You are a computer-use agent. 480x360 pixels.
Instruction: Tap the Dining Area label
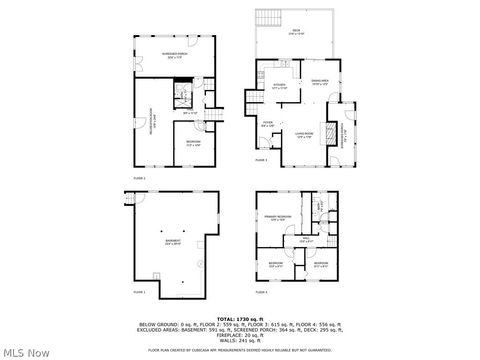(x=320, y=81)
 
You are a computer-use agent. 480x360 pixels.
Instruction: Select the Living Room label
(x=304, y=132)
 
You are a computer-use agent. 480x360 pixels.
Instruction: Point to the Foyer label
(x=266, y=123)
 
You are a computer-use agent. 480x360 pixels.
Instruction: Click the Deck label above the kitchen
(x=296, y=34)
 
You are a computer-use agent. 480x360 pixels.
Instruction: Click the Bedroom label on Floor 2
(x=193, y=142)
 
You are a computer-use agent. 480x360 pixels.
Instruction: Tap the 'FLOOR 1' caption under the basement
(x=139, y=292)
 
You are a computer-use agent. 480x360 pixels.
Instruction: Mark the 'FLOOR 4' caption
(x=261, y=292)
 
